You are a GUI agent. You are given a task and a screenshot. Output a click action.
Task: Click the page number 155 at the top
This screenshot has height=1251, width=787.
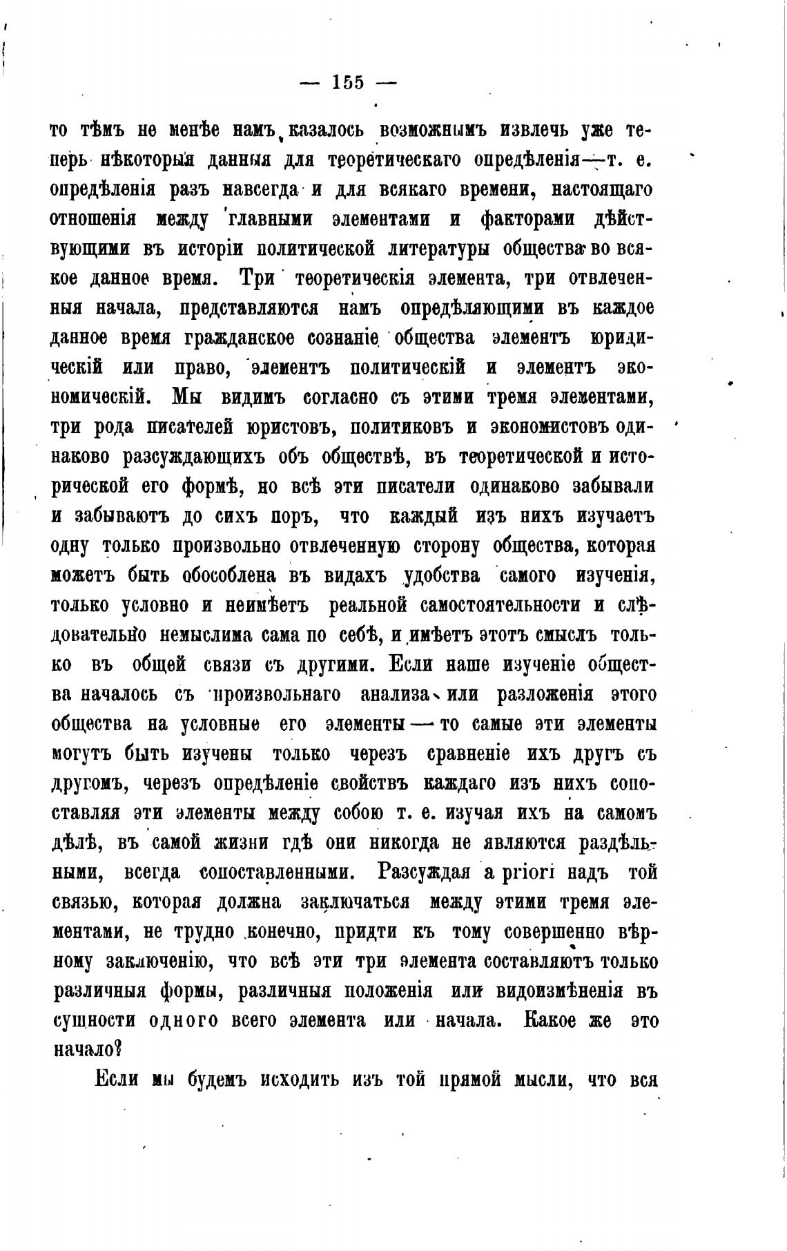[348, 83]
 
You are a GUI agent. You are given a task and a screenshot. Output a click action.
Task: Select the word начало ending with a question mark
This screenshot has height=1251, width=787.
[87, 1050]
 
